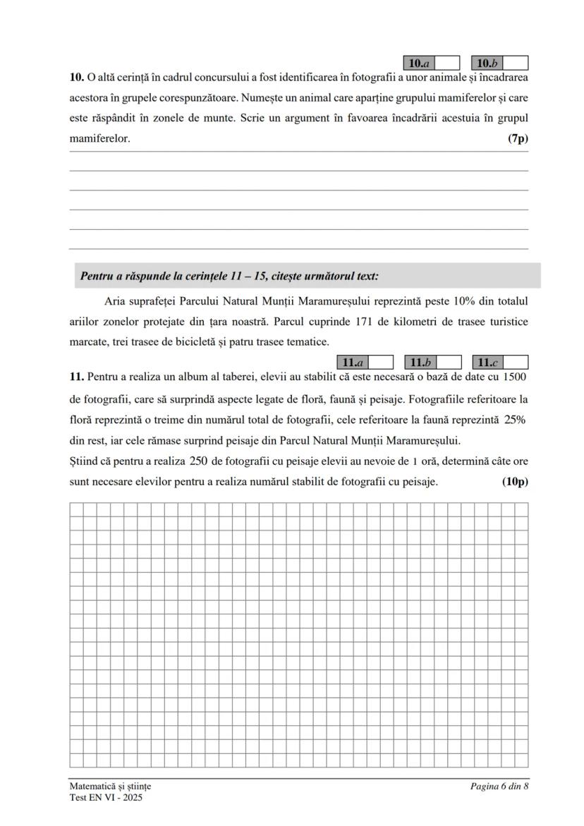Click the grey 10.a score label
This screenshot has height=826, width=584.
click(x=420, y=63)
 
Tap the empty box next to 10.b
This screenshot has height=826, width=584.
click(x=516, y=63)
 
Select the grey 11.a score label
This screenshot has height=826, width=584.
click(x=352, y=363)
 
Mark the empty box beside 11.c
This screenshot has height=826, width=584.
click(x=516, y=363)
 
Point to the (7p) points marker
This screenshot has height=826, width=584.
click(x=518, y=139)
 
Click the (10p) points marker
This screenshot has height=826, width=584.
click(x=515, y=482)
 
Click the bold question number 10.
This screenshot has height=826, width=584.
click(x=77, y=77)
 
